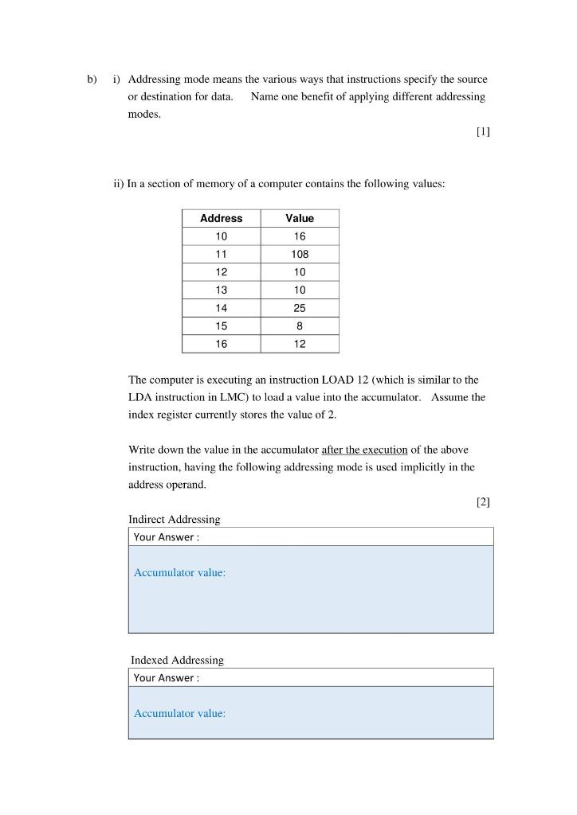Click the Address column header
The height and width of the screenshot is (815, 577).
click(221, 218)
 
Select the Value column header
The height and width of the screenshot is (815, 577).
click(300, 218)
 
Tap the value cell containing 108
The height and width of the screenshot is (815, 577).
click(300, 255)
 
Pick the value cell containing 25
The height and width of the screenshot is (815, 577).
click(300, 308)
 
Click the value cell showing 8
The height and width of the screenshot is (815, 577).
click(300, 326)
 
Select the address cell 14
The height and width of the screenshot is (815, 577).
click(221, 308)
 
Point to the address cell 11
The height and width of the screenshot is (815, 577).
click(221, 255)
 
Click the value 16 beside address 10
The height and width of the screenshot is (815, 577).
click(300, 236)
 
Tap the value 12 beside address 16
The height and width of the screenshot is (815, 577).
click(300, 344)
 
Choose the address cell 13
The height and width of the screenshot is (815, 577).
click(221, 290)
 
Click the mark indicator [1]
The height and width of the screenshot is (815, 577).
click(483, 132)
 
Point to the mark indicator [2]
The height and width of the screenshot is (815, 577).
click(483, 501)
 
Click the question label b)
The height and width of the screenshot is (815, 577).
click(92, 80)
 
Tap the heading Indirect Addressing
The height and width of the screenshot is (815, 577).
click(175, 520)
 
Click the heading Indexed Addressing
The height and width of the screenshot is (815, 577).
click(177, 661)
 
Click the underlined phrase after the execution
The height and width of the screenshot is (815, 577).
click(364, 450)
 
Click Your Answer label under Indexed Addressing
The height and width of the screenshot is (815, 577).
click(167, 678)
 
